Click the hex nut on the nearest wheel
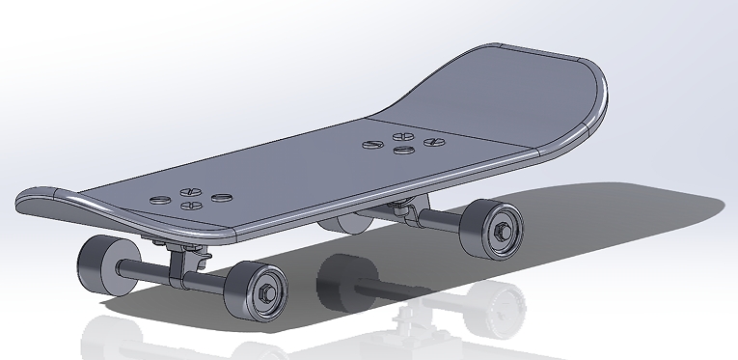coord(266,289)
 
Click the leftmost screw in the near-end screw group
coord(158,200)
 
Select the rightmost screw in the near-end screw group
coord(223,197)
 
